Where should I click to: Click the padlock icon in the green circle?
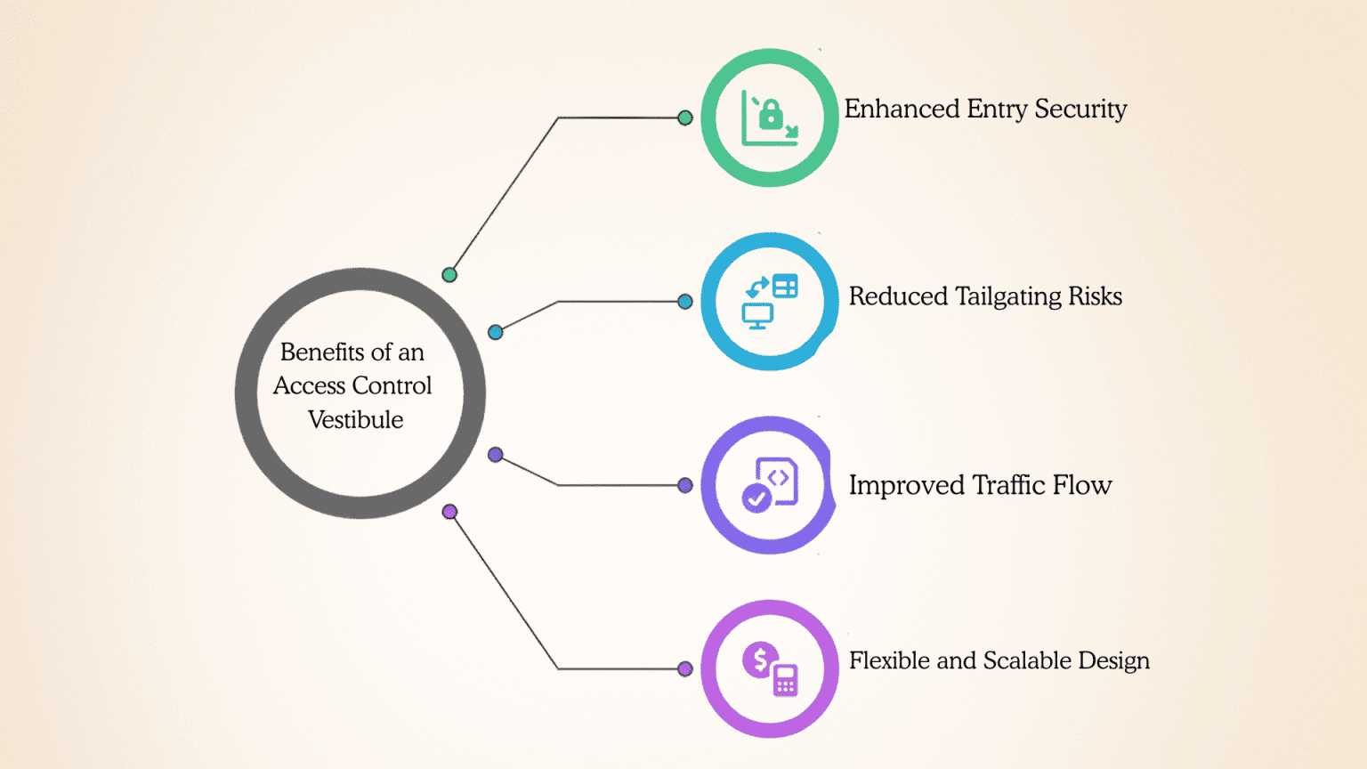771,114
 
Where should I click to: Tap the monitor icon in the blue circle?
757,316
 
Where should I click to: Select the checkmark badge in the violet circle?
756,498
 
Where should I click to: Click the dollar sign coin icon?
760,660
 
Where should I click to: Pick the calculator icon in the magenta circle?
786,679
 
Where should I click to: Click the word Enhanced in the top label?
902,109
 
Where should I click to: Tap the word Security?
1080,109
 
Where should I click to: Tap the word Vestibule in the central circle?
355,420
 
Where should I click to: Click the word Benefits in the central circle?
322,352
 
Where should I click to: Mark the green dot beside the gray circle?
449,275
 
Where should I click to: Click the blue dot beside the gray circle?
496,332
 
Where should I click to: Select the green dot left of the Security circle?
685,117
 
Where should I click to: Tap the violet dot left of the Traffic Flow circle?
685,485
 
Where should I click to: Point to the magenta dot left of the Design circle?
685,669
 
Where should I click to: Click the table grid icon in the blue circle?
786,286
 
